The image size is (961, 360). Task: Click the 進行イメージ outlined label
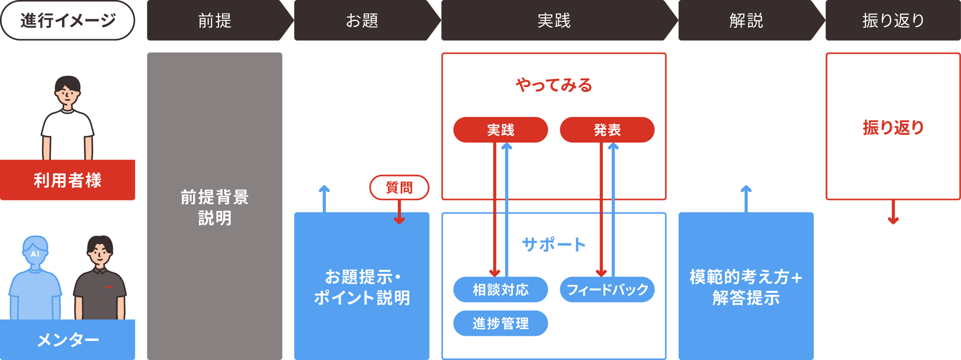pyautogui.click(x=68, y=21)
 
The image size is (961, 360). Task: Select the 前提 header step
pyautogui.click(x=215, y=21)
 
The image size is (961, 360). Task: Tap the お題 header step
pyautogui.click(x=362, y=21)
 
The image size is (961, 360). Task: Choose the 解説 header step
pyautogui.click(x=746, y=21)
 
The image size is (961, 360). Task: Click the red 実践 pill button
pyautogui.click(x=500, y=130)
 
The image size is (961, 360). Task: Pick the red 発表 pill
pyautogui.click(x=607, y=130)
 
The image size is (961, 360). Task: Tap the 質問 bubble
pyautogui.click(x=399, y=187)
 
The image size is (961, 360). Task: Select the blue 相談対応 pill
pyautogui.click(x=500, y=289)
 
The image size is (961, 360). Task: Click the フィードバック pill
pyautogui.click(x=607, y=289)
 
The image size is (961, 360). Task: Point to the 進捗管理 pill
pyautogui.click(x=500, y=323)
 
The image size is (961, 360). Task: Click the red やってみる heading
pyautogui.click(x=554, y=86)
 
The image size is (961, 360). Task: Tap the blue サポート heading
pyautogui.click(x=554, y=245)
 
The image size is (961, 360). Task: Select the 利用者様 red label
pyautogui.click(x=68, y=180)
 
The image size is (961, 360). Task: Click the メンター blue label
pyautogui.click(x=68, y=340)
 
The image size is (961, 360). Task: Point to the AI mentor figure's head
pyautogui.click(x=35, y=250)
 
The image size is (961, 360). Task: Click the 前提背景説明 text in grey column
pyautogui.click(x=215, y=207)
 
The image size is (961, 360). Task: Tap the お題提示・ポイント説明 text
pyautogui.click(x=362, y=287)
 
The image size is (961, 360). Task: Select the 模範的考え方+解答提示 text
pyautogui.click(x=746, y=287)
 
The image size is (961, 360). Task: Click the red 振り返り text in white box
pyautogui.click(x=893, y=127)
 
